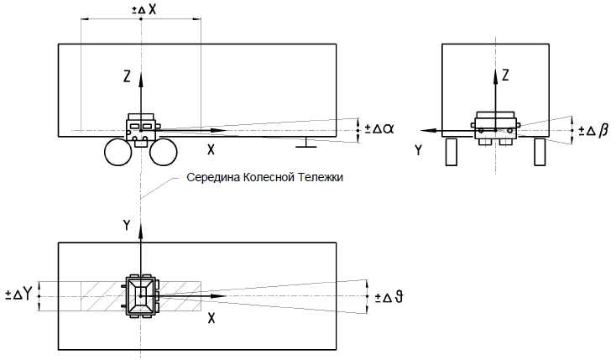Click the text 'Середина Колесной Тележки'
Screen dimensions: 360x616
coord(264,178)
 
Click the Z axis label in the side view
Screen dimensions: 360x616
coord(126,77)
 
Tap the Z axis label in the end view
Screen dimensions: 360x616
coord(506,76)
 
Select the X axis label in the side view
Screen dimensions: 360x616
coord(211,150)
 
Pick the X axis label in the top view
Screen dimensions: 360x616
coord(211,320)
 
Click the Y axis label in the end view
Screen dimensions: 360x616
coord(418,151)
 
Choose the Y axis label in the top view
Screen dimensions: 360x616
coord(126,225)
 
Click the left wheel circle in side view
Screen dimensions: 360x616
coord(118,153)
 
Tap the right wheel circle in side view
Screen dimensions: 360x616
coord(164,153)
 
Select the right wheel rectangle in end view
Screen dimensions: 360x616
coord(540,154)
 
